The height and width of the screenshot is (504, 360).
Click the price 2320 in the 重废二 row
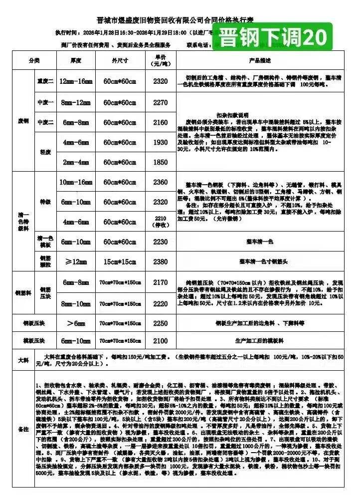pyautogui.click(x=161, y=81)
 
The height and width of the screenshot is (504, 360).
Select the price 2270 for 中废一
pyautogui.click(x=161, y=103)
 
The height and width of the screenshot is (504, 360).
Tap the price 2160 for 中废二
pyautogui.click(x=161, y=122)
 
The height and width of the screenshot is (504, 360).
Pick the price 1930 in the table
pyautogui.click(x=161, y=142)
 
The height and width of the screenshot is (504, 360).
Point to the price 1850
pyautogui.click(x=161, y=162)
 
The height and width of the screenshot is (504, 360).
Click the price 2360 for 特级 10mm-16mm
pyautogui.click(x=161, y=183)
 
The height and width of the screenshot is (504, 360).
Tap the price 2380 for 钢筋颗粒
pyautogui.click(x=161, y=261)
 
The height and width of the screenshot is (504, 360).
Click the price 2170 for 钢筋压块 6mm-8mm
pyautogui.click(x=161, y=282)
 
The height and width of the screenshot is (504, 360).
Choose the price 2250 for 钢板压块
pyautogui.click(x=161, y=323)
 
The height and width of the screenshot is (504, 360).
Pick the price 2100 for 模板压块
pyautogui.click(x=161, y=341)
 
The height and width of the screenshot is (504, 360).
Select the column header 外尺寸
pyautogui.click(x=120, y=60)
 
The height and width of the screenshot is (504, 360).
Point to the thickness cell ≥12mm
pyautogui.click(x=75, y=261)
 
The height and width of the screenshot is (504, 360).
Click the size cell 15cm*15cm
pyautogui.click(x=120, y=261)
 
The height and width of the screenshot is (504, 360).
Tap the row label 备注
pyautogui.click(x=23, y=429)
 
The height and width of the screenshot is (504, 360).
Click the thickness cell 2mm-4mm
pyautogui.click(x=75, y=162)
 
